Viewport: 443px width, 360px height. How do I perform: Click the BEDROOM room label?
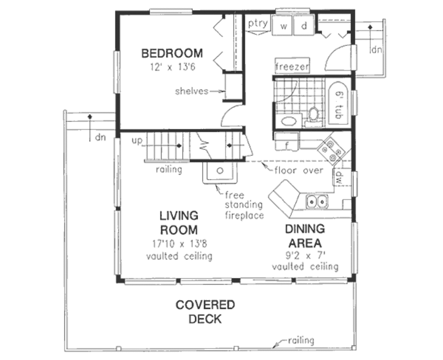pos(172,54)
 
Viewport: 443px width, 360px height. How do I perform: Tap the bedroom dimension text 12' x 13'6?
pos(172,67)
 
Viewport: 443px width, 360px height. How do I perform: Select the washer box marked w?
pos(284,26)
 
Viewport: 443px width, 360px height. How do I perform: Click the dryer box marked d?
pos(304,26)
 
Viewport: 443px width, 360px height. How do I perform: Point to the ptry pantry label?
pos(258,23)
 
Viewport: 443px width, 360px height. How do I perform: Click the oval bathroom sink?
pos(286,120)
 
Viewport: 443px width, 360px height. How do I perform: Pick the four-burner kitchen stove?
pos(332,150)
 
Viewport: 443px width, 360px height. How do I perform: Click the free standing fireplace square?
pos(220,172)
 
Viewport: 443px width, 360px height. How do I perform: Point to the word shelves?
pos(192,91)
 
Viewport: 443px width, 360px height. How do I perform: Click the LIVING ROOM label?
pos(179,222)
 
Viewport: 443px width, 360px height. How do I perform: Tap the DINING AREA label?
pos(305,236)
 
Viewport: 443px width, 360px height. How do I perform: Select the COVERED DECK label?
pos(205,312)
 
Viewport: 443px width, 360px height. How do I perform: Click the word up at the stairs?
pos(137,141)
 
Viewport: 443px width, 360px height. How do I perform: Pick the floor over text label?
pos(299,170)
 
